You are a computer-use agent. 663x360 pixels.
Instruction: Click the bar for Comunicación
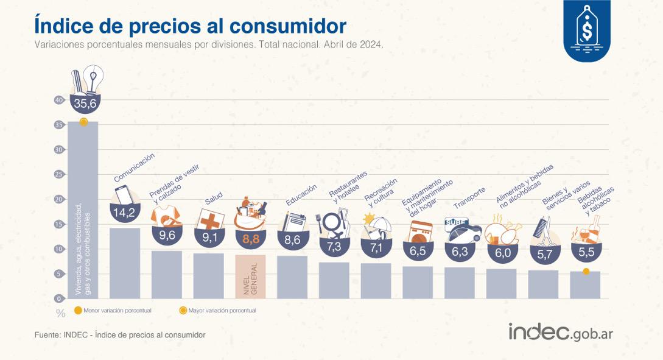point(125,263)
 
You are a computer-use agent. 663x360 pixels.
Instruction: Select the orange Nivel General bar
point(250,277)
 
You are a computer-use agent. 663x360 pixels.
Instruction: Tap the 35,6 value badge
point(85,104)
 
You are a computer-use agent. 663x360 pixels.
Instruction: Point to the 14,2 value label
point(125,213)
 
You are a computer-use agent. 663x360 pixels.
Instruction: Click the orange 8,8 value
point(250,239)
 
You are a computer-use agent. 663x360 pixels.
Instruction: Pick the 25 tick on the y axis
point(59,174)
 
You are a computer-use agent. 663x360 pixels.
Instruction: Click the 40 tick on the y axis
point(59,100)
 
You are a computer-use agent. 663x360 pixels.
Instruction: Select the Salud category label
point(213,199)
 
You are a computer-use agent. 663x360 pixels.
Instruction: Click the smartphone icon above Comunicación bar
point(124,195)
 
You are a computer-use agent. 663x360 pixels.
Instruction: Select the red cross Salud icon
point(209,219)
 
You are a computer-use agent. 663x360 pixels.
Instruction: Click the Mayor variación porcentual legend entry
point(217,310)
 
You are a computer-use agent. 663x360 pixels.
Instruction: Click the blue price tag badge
point(586,30)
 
